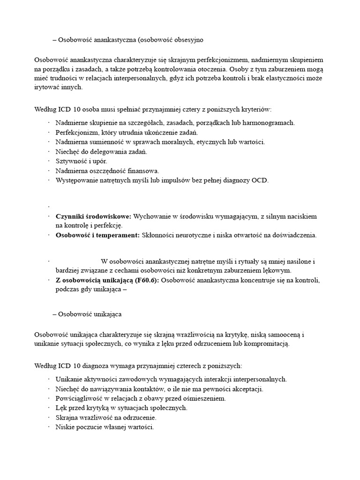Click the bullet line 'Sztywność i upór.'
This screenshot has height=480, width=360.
tap(78, 161)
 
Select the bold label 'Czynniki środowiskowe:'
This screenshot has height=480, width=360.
tap(94, 216)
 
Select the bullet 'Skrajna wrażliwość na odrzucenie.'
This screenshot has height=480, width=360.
tap(106, 417)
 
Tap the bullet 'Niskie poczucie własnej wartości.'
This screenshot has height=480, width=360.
tap(104, 427)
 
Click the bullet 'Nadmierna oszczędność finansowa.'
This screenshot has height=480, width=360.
tap(107, 171)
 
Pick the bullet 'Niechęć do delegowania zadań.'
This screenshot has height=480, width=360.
tap(101, 151)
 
